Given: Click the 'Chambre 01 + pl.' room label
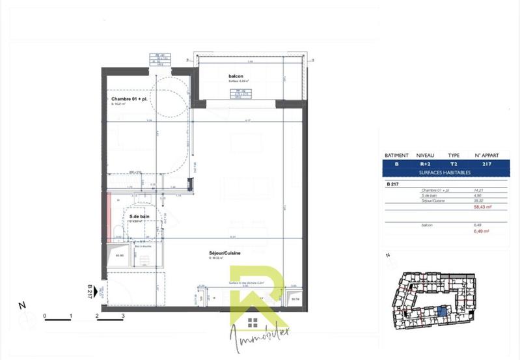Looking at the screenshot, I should point(132,98).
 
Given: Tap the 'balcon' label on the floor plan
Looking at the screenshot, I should point(236,77).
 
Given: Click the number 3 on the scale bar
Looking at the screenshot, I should point(123,315).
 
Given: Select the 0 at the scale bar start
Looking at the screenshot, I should point(45,315).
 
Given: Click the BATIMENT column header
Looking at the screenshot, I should point(397,156).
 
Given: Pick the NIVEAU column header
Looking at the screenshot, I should point(425,156).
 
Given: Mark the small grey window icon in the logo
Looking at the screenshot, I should point(253,323).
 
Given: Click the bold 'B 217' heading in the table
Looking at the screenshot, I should point(392,184).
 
